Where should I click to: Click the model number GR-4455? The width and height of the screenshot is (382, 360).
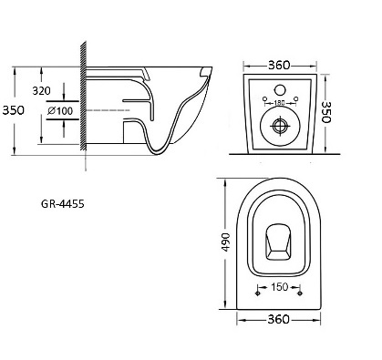point(63,204)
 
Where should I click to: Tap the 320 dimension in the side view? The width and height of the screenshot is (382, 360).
point(42,90)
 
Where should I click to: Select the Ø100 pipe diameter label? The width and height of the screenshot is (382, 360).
point(60,111)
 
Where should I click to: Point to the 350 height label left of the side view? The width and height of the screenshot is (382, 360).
point(13,110)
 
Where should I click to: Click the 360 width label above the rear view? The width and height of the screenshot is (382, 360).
point(279,65)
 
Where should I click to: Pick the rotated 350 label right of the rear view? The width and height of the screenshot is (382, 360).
point(326,112)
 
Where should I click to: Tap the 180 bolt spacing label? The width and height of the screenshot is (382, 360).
point(279,103)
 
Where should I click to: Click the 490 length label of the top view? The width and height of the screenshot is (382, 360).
point(226,242)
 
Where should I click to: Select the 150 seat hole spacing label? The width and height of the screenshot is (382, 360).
point(279,286)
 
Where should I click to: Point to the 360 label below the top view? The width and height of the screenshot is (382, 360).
point(278,319)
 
